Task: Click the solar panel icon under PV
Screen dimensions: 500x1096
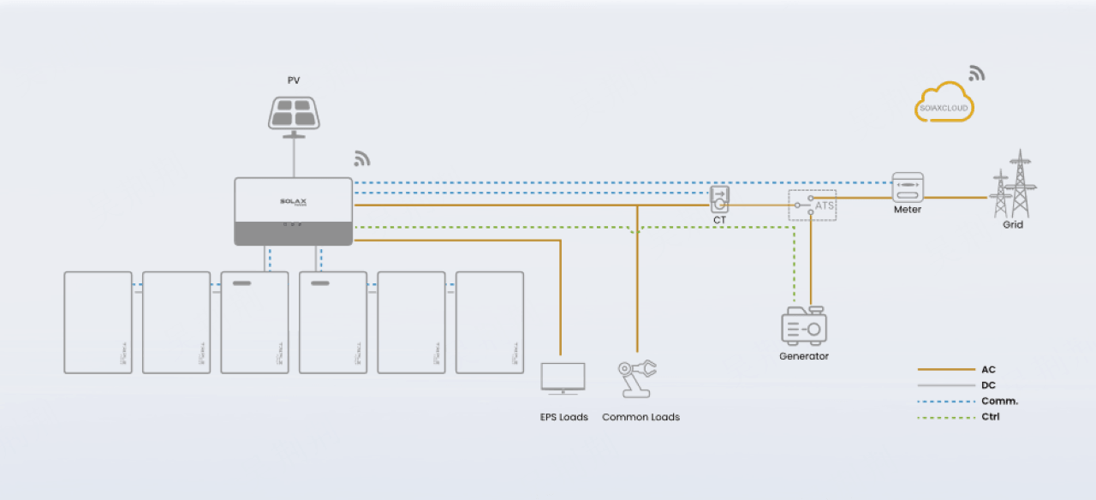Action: click(294, 113)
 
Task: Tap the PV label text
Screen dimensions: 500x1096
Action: click(294, 80)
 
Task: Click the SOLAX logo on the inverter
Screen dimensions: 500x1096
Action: click(293, 202)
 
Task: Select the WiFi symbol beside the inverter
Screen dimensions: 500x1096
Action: click(362, 158)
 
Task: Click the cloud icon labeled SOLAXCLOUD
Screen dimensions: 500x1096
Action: click(944, 104)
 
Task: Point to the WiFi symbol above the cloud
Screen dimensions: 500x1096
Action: click(976, 73)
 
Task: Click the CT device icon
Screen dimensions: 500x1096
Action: click(719, 199)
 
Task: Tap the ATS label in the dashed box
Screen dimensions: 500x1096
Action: click(825, 206)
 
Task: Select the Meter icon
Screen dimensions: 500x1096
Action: click(908, 187)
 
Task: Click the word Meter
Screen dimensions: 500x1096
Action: click(908, 210)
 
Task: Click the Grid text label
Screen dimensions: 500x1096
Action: click(1013, 225)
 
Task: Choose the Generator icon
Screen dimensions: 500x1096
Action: click(803, 326)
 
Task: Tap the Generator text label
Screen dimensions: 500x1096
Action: click(803, 356)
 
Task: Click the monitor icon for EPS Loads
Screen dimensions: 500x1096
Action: click(563, 378)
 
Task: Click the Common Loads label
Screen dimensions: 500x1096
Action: click(640, 418)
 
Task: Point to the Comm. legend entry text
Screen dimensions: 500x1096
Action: click(999, 402)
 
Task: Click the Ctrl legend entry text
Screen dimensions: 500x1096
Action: click(990, 417)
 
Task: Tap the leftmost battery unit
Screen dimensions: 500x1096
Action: click(98, 323)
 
